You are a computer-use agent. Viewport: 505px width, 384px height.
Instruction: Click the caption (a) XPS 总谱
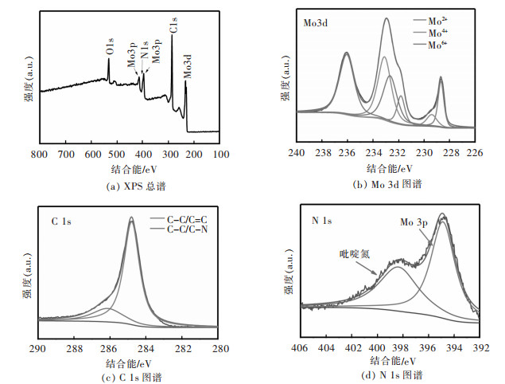[130, 186]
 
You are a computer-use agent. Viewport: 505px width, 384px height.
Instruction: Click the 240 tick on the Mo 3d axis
[297, 153]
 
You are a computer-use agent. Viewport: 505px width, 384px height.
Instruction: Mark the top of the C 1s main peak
[132, 221]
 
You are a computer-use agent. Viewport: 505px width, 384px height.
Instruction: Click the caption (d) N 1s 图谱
[390, 376]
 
